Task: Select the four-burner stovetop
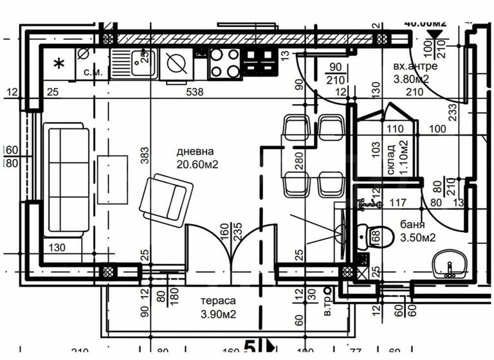224,63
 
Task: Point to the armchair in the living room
166,199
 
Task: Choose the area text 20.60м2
198,165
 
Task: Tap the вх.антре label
416,66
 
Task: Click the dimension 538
194,92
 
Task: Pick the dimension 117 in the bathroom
398,204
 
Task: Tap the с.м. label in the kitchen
93,72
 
